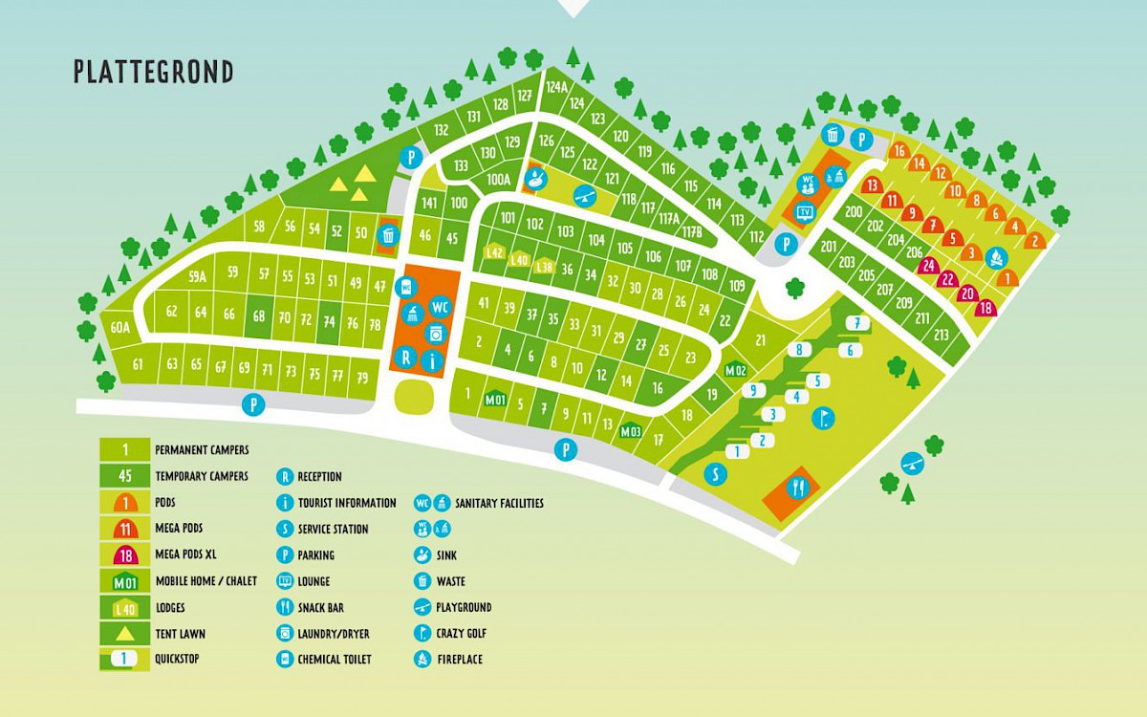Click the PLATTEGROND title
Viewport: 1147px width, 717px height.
153,73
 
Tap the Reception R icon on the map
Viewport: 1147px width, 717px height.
406,358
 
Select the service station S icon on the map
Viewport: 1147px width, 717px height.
715,474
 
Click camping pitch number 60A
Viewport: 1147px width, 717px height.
119,328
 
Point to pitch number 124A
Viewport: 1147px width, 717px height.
556,87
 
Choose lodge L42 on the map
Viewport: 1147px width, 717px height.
494,252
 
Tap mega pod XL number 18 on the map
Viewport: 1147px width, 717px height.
985,308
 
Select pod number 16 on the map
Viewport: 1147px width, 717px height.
898,151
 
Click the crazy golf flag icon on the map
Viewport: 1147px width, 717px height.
823,418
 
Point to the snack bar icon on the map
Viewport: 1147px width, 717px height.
795,489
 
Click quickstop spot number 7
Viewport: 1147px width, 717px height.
857,323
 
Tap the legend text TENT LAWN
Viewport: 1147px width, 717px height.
181,633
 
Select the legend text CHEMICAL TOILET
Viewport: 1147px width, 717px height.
335,659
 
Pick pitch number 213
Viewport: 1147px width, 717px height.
941,335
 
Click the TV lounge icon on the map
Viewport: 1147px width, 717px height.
805,211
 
